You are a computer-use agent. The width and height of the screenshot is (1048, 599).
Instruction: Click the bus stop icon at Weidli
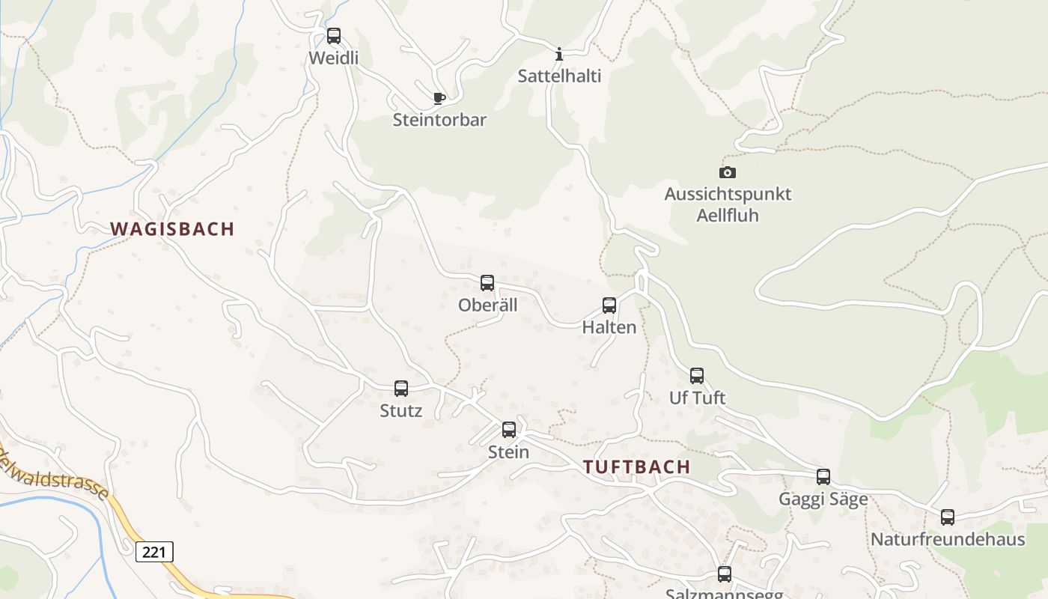pos(334,35)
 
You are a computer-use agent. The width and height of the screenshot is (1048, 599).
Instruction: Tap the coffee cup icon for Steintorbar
pos(439,98)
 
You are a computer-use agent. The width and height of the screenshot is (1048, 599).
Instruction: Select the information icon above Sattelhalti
pos(559,54)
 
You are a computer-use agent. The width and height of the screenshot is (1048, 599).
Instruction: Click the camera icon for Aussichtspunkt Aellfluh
pos(728,172)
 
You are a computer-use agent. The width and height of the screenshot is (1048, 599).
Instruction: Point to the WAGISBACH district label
pos(173,229)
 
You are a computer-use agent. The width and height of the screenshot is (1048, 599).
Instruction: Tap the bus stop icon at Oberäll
pos(487,283)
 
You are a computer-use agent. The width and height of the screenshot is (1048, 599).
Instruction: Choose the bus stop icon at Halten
pos(609,305)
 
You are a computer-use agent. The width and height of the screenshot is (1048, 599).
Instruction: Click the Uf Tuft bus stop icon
pos(697,375)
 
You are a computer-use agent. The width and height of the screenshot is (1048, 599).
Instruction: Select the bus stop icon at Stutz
pos(401,388)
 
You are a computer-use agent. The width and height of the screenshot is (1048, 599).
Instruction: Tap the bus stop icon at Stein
pos(509,429)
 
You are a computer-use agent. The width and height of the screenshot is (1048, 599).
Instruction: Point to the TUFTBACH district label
pos(637,467)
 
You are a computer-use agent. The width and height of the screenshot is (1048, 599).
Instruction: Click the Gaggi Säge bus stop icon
pos(823,476)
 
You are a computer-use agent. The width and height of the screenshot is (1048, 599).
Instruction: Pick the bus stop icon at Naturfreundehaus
pos(948,517)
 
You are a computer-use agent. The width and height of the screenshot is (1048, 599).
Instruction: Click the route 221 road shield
pos(154,552)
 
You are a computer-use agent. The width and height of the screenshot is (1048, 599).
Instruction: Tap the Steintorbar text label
pos(440,120)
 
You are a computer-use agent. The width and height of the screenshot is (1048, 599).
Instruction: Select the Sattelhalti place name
pos(560,76)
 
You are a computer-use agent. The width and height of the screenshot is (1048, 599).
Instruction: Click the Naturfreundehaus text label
pos(948,539)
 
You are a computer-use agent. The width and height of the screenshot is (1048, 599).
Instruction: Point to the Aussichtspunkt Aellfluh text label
pos(728,204)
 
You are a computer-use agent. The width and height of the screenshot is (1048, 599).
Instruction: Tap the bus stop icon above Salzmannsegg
pos(725,574)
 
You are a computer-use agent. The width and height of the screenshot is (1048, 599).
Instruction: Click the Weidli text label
pos(334,58)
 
